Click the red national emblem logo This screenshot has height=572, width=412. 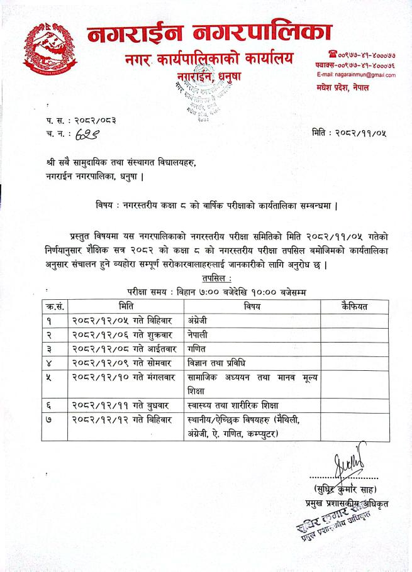pos(47,48)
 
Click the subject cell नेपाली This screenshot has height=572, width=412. pos(200,334)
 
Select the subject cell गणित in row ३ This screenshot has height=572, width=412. pos(198,349)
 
